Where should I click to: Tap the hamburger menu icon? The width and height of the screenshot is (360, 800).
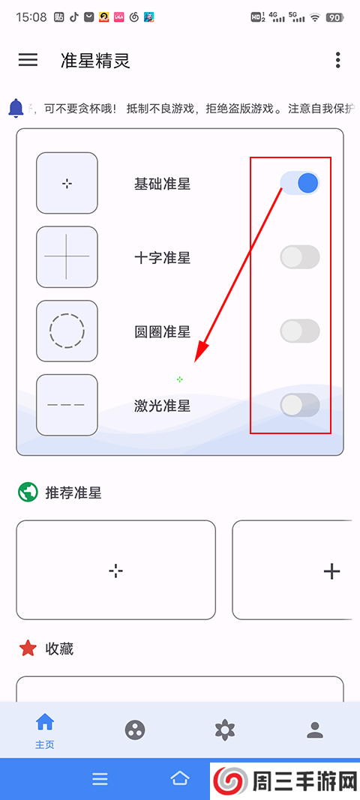28,60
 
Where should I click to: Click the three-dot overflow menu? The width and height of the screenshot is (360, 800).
338,60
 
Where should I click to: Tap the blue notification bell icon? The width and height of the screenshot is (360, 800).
16,108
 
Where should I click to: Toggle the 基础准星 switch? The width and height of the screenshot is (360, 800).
300,183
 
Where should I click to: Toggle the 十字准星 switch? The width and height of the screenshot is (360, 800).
300,257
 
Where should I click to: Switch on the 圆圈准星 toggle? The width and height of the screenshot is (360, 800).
300,331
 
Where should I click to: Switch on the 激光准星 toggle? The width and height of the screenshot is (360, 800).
300,405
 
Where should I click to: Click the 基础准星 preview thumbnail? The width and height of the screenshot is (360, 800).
67,183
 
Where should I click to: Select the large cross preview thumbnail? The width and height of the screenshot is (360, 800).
67,256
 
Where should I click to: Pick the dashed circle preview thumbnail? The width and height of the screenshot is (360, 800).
67,330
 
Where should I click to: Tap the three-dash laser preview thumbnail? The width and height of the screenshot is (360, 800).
67,405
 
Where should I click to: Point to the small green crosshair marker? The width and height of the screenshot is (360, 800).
179,379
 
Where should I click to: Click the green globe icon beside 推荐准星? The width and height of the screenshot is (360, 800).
28,493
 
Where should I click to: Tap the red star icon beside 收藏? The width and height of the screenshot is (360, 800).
28,649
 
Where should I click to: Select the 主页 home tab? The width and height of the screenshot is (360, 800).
45,730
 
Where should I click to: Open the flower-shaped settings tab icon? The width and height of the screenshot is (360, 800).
225,730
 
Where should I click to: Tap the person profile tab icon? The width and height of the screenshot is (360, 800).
315,730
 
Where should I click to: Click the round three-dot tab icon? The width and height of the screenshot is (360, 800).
135,730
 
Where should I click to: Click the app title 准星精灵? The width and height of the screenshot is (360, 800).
95,61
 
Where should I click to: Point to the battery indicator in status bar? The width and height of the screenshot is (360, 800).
334,16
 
